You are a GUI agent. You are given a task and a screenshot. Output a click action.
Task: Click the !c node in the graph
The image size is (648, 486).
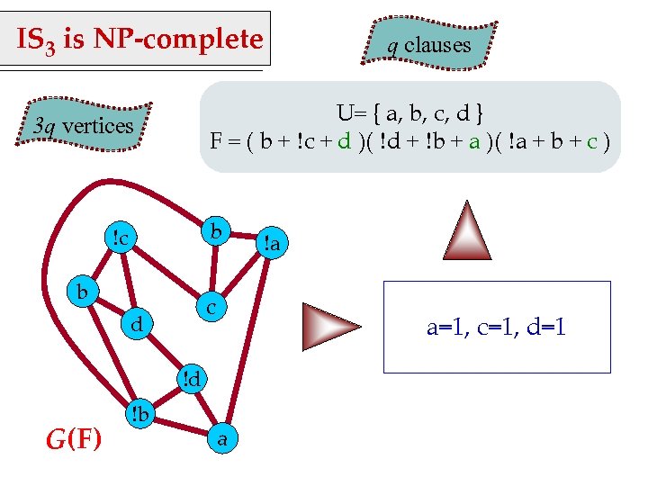pos(119,238)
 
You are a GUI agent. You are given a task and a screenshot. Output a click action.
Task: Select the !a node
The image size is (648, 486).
pos(271,242)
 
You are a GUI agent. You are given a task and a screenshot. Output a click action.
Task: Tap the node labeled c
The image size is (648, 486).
pos(209,307)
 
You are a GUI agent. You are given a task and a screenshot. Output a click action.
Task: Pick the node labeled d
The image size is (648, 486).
pos(137,323)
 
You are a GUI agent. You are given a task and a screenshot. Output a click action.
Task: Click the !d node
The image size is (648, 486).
pos(191,378)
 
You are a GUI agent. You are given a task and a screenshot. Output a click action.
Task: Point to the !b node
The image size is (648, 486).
pos(139,415)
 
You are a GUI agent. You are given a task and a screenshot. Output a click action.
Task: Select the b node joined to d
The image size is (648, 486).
pos(82,292)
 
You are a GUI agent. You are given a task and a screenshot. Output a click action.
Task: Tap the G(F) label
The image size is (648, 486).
pos(74,439)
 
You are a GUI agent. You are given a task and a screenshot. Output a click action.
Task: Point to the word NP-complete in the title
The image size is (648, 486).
pos(198,40)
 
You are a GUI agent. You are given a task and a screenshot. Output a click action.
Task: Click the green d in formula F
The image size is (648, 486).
pos(344,141)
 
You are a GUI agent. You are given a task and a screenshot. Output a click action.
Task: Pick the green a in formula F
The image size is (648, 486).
pos(473,141)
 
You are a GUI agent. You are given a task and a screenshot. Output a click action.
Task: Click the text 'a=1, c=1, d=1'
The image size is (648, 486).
pos(496,328)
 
